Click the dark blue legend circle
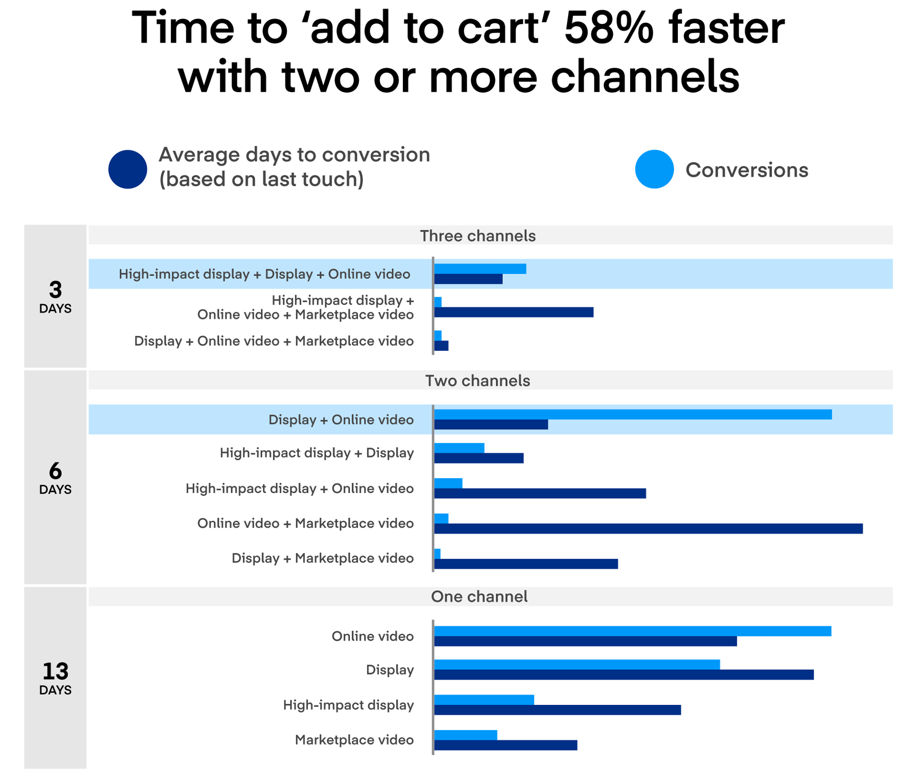(128, 169)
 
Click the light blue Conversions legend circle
(654, 169)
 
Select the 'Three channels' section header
(477, 236)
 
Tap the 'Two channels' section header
(477, 381)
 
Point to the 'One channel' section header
(479, 596)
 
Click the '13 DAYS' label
(55, 677)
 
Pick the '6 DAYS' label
(55, 477)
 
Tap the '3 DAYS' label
(55, 296)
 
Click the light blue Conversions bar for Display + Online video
(633, 414)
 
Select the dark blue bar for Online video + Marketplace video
(648, 529)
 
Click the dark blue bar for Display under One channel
(624, 674)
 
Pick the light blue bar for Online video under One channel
(633, 631)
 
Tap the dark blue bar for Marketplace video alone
(505, 745)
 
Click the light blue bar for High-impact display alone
(484, 700)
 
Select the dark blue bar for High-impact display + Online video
(540, 493)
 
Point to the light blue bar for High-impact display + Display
(459, 448)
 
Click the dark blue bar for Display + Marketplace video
(526, 564)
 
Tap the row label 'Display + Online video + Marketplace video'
(274, 341)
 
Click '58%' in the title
(609, 28)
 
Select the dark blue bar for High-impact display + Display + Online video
(468, 279)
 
